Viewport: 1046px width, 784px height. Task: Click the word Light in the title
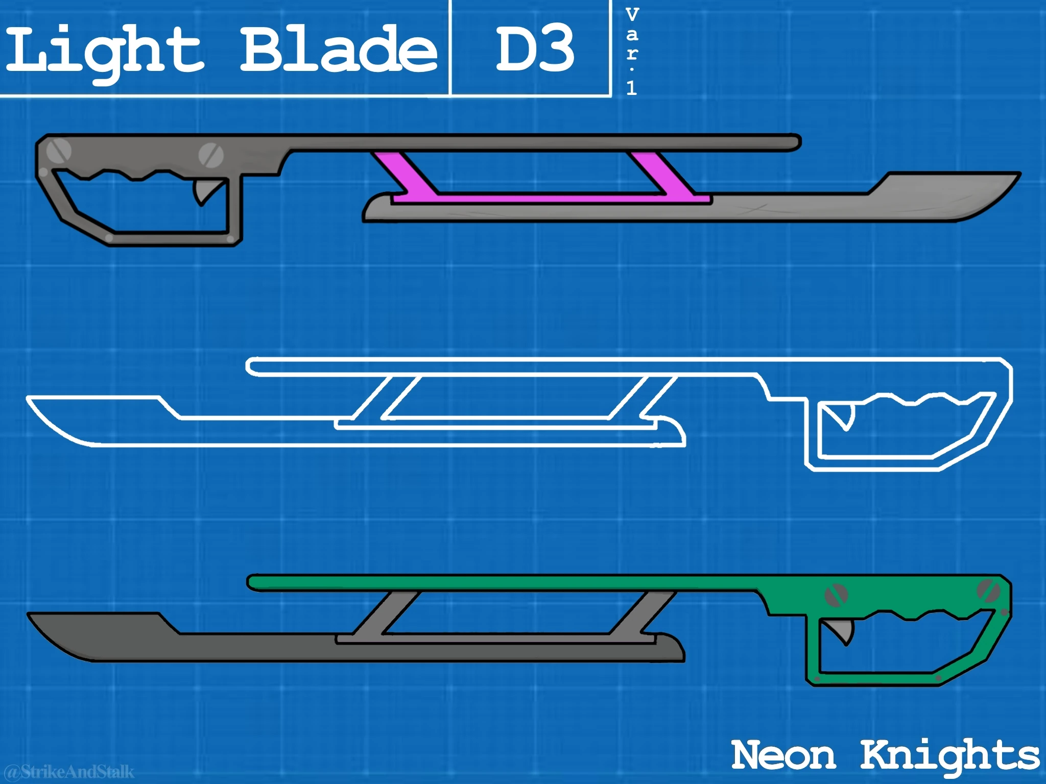[105, 51]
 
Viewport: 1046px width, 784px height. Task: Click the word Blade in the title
[338, 50]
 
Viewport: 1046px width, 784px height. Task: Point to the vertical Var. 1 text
[632, 51]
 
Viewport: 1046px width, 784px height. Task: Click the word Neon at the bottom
[783, 755]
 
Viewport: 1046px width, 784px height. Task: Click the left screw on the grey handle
[58, 150]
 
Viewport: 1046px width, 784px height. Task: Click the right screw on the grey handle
[209, 153]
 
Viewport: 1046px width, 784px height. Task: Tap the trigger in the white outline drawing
[845, 416]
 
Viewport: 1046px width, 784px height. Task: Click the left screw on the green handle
[836, 594]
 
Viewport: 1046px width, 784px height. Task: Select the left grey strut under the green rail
[388, 613]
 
